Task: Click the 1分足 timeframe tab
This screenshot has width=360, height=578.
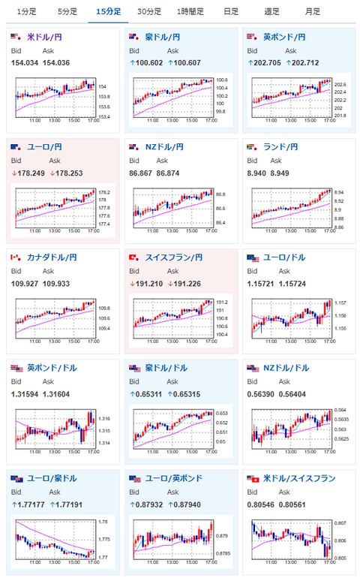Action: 26,11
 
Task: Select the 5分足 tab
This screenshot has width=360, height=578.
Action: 67,11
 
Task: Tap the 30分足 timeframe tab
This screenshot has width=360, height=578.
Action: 148,11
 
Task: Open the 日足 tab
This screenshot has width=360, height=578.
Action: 231,11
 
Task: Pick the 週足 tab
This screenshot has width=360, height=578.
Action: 272,11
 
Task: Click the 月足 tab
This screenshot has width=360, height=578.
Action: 313,11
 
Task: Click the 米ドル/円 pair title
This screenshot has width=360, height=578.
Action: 46,37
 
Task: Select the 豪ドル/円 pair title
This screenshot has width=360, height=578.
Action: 162,37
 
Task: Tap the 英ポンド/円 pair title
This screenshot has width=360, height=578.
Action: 284,37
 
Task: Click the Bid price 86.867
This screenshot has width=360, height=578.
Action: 142,172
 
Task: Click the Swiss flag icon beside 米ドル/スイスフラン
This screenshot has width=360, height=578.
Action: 253,478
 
